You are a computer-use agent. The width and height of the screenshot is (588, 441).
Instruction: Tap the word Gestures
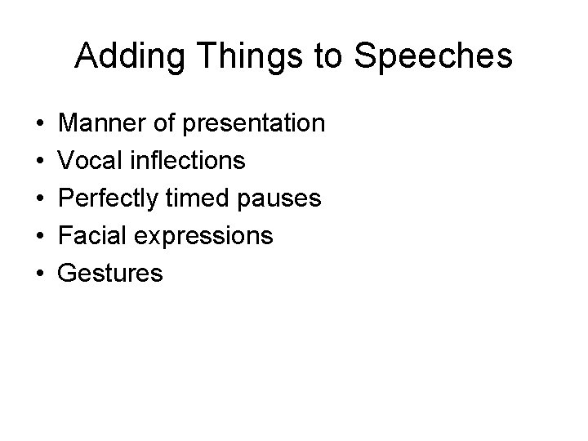pos(111,274)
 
